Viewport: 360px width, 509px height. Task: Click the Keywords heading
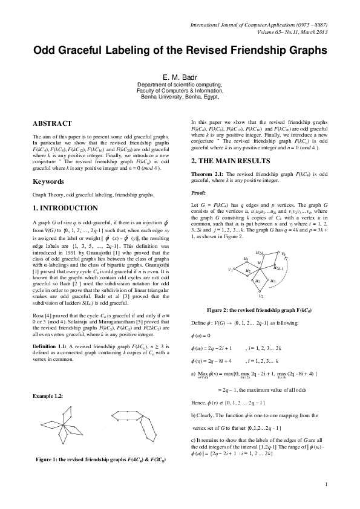pyautogui.click(x=49, y=181)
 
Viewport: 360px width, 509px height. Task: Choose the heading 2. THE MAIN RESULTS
pyautogui.click(x=231, y=161)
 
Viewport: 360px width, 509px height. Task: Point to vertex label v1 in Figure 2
pyautogui.click(x=230, y=269)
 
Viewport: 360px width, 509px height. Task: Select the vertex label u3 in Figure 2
pyautogui.click(x=258, y=280)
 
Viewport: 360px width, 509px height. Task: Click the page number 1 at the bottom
pyautogui.click(x=326, y=501)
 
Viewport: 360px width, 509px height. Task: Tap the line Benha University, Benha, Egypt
pyautogui.click(x=179, y=96)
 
